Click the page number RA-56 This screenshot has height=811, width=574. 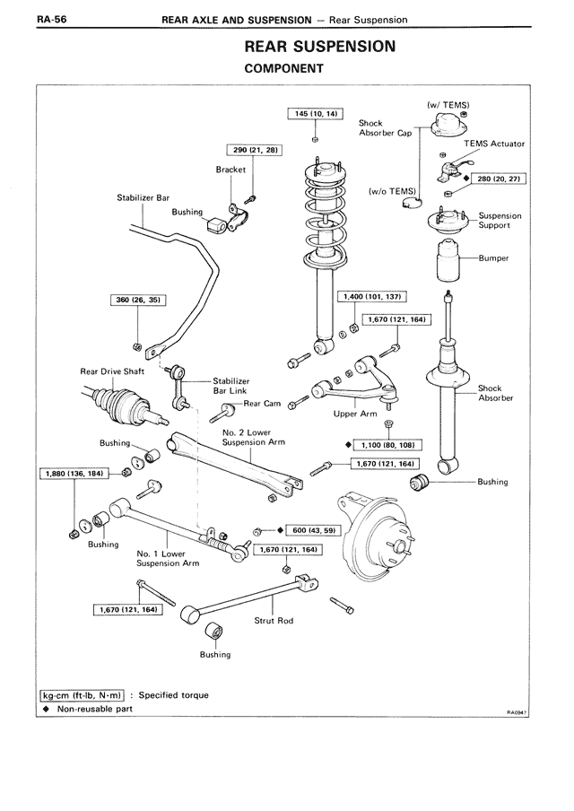pyautogui.click(x=51, y=19)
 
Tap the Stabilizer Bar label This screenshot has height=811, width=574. pyautogui.click(x=143, y=197)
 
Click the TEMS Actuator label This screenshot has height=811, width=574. pyautogui.click(x=494, y=144)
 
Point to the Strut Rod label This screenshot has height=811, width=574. pyautogui.click(x=274, y=621)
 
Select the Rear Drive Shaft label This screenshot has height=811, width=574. pyautogui.click(x=112, y=371)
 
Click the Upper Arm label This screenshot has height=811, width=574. pyautogui.click(x=355, y=414)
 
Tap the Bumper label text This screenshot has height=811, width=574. pyautogui.click(x=493, y=258)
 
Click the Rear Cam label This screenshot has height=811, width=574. pyautogui.click(x=262, y=404)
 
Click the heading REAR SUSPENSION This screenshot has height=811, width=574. pyautogui.click(x=319, y=47)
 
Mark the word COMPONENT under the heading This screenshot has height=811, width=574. pyautogui.click(x=284, y=68)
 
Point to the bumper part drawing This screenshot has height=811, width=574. pyautogui.click(x=448, y=261)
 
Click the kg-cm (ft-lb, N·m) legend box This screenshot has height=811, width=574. pyautogui.click(x=83, y=695)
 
